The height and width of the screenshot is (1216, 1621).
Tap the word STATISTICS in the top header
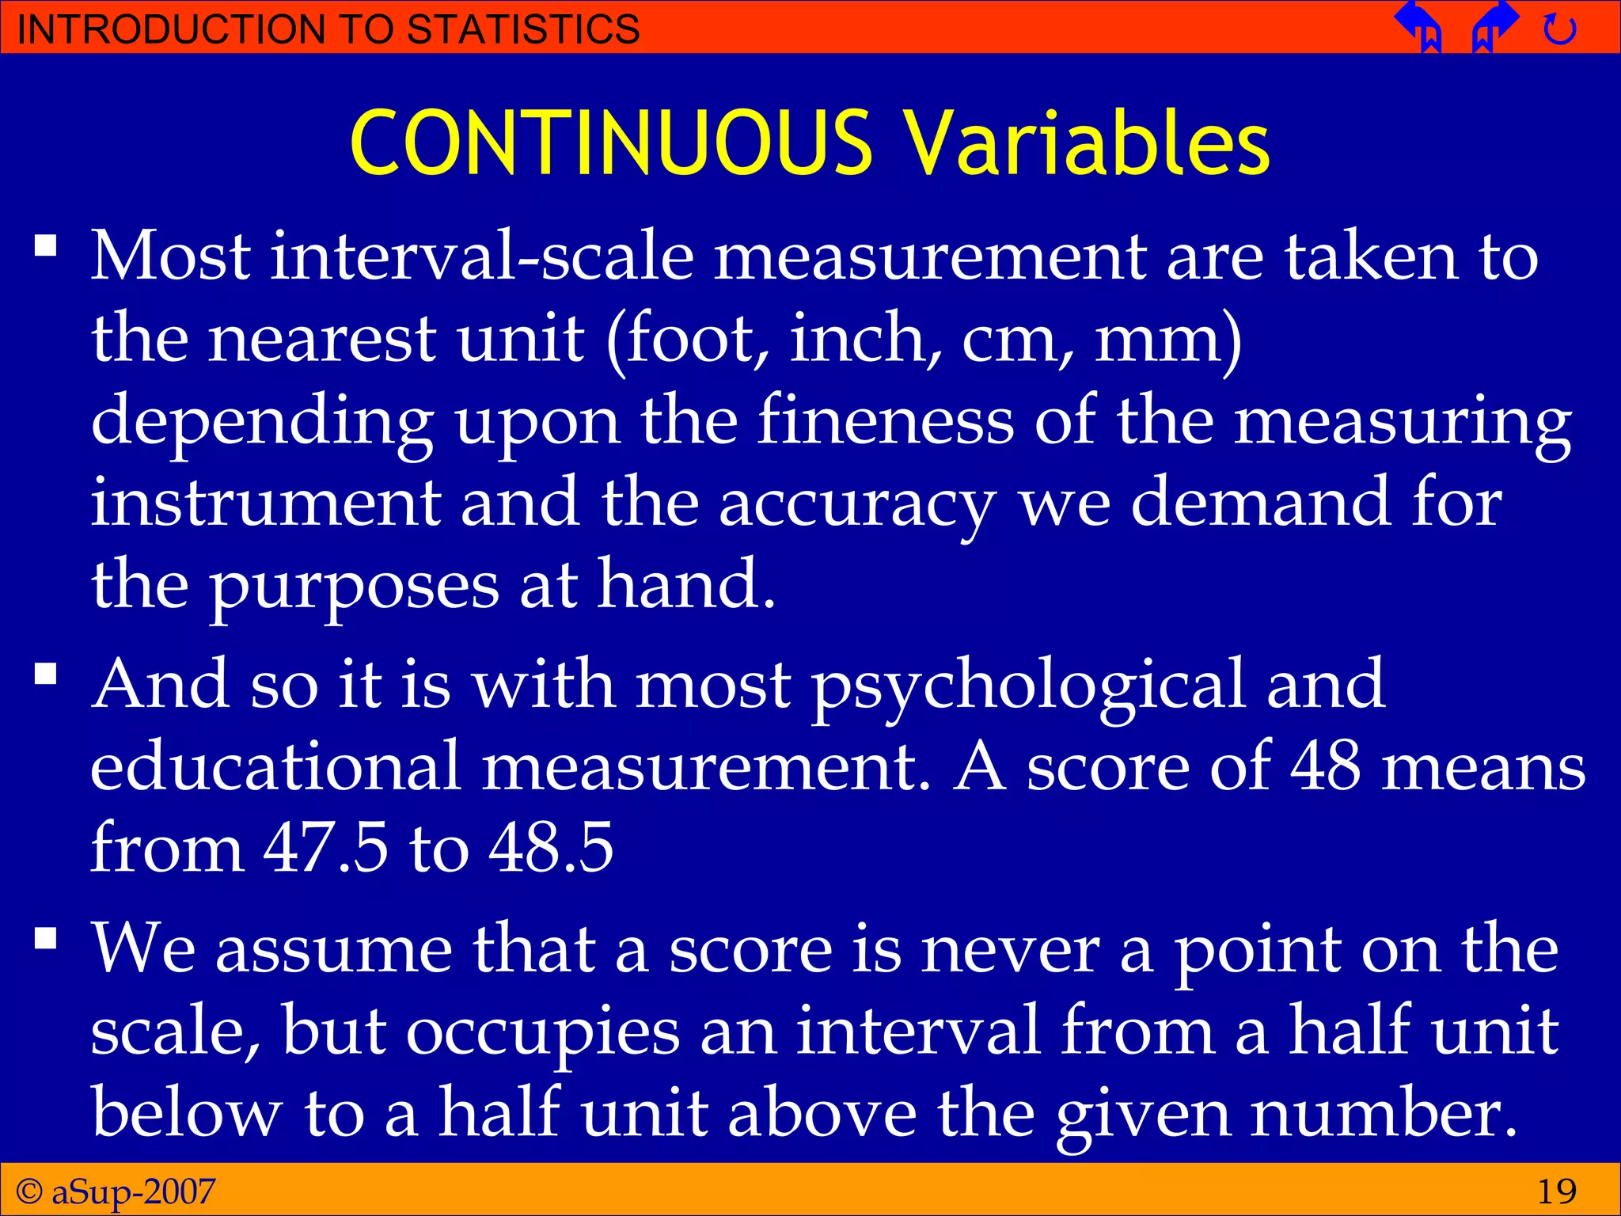[x=522, y=29]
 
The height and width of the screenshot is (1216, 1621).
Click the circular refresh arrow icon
[x=1559, y=30]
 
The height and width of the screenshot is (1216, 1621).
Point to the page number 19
[x=1556, y=1191]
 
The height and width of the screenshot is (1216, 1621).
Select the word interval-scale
[x=482, y=256]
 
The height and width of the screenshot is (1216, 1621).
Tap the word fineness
[x=886, y=421]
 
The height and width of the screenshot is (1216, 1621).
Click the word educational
[x=275, y=766]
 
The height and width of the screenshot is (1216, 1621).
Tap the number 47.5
[x=325, y=848]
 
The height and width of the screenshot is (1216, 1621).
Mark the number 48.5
[x=551, y=848]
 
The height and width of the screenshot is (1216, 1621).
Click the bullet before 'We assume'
[x=46, y=939]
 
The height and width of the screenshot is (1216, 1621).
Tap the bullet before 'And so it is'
[x=46, y=674]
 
